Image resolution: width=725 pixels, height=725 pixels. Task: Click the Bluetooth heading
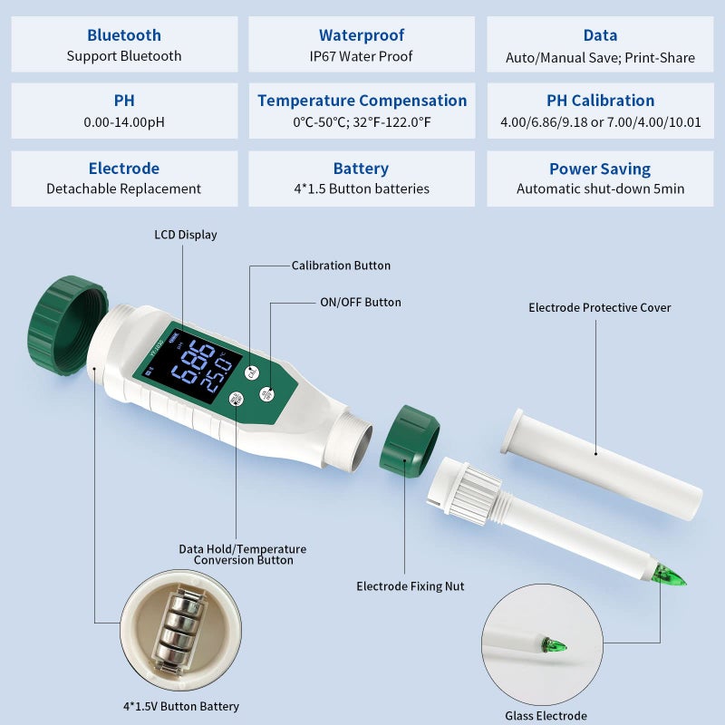pos(124,35)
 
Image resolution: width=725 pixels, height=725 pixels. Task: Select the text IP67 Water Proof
pos(361,56)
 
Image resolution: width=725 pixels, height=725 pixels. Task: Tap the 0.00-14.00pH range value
pos(124,121)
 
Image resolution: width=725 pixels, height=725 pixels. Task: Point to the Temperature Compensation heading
pos(362,101)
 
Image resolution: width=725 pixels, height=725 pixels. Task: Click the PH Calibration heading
pos(600,101)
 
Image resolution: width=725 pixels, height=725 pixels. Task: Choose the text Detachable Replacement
pos(124,188)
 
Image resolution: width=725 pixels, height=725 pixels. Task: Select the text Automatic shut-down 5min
pos(600,188)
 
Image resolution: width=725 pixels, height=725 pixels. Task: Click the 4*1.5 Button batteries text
pos(361,188)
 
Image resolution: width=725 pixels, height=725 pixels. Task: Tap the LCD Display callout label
pos(186,235)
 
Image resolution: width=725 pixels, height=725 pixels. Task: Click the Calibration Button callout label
pos(341,266)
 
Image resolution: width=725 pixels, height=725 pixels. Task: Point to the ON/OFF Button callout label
pos(360,302)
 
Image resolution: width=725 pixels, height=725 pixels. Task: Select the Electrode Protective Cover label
pos(600,307)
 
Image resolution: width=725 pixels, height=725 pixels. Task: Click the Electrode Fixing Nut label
pos(410,586)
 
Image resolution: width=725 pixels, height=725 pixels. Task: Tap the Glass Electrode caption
pos(546,716)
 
